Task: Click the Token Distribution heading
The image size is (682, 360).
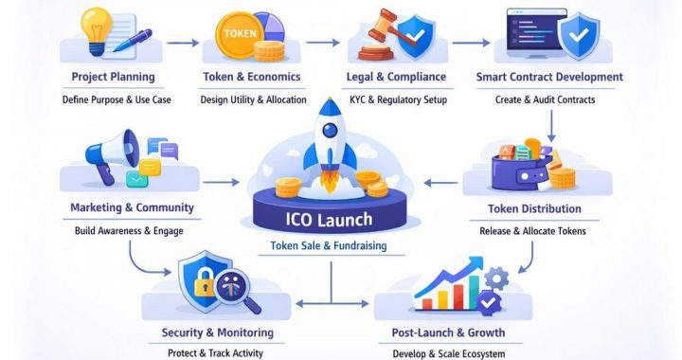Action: (x=534, y=208)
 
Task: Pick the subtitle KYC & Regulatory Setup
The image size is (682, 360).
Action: (x=398, y=99)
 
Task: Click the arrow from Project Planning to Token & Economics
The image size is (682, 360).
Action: (x=187, y=42)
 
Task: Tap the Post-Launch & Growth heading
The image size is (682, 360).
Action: (x=448, y=333)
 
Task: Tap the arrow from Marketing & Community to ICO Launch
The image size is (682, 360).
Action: (x=221, y=180)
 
